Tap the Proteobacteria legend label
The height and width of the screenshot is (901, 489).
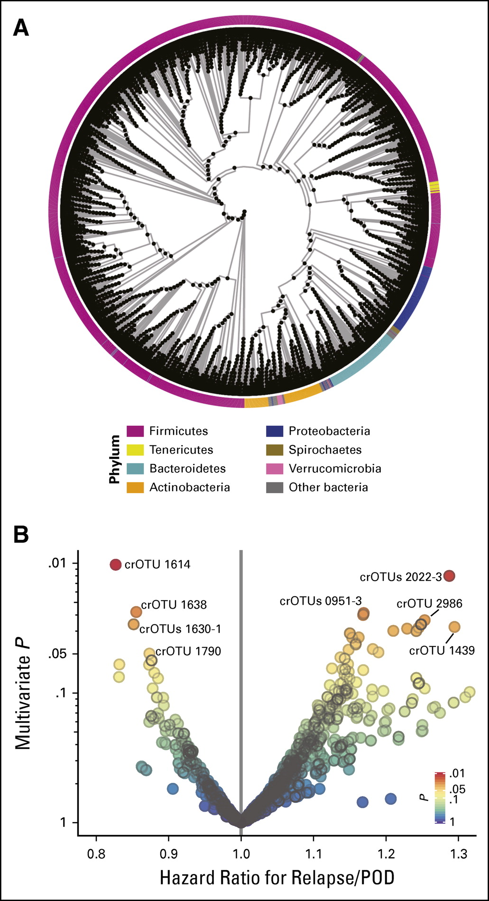(x=329, y=431)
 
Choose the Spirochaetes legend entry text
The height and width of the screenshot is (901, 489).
(x=325, y=450)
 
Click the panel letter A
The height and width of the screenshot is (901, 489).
(x=21, y=29)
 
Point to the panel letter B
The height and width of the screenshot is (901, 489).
(x=21, y=535)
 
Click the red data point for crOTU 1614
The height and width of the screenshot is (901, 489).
(x=116, y=564)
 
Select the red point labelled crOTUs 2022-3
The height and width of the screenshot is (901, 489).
(x=450, y=576)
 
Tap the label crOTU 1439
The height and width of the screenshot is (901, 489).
(x=442, y=650)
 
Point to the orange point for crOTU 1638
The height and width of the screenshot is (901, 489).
(x=136, y=611)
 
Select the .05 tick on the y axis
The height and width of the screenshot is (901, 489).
(x=61, y=654)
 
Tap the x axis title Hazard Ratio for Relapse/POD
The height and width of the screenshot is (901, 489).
(x=277, y=878)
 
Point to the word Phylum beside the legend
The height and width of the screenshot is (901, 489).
(x=114, y=459)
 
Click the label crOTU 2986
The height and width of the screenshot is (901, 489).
(x=429, y=604)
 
